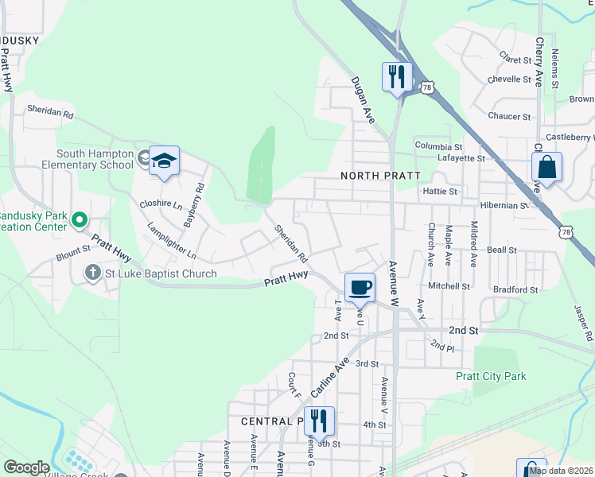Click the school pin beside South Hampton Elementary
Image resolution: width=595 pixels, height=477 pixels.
[x=165, y=161]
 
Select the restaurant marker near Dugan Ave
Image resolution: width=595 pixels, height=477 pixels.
[x=397, y=77]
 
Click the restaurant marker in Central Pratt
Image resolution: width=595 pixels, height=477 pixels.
[x=319, y=421]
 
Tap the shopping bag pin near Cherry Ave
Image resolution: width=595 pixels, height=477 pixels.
[x=546, y=168]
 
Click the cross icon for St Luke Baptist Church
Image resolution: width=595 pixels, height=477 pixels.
[x=92, y=273]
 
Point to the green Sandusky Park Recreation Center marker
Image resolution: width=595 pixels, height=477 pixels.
[x=79, y=219]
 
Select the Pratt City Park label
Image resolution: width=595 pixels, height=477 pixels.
[x=491, y=376]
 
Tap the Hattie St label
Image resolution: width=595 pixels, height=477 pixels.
[x=441, y=192]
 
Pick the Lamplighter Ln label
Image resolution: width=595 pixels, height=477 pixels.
[x=171, y=241]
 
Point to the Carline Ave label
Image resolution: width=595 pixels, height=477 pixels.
[x=330, y=378]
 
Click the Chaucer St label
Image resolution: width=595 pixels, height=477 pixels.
[x=509, y=117]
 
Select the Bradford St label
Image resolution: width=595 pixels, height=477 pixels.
[x=515, y=289]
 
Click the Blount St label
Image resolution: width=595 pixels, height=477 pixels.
[x=74, y=256]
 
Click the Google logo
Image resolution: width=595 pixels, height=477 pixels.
[x=26, y=467]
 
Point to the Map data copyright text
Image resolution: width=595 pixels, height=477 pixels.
[x=562, y=471]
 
